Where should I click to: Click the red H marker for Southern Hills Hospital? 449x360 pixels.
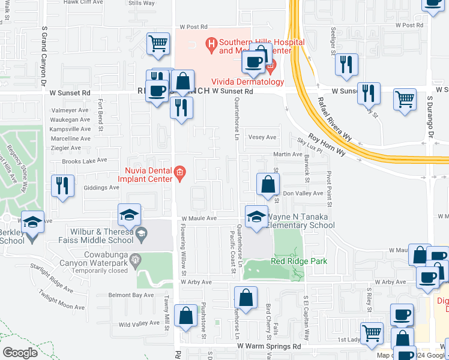pos(211,43)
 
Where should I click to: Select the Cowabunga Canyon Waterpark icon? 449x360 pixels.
pos(136,260)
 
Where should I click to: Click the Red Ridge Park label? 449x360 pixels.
pos(291,261)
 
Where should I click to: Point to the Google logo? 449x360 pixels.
pos(20,352)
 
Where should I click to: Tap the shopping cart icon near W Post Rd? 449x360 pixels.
pos(158,43)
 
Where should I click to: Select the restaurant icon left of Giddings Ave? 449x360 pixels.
pos(62,185)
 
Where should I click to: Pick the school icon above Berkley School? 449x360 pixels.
pos(33,221)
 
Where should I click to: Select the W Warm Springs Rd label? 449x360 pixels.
pos(268,346)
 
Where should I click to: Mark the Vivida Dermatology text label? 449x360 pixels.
pos(247,82)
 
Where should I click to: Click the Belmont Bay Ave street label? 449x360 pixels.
pos(131,295)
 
